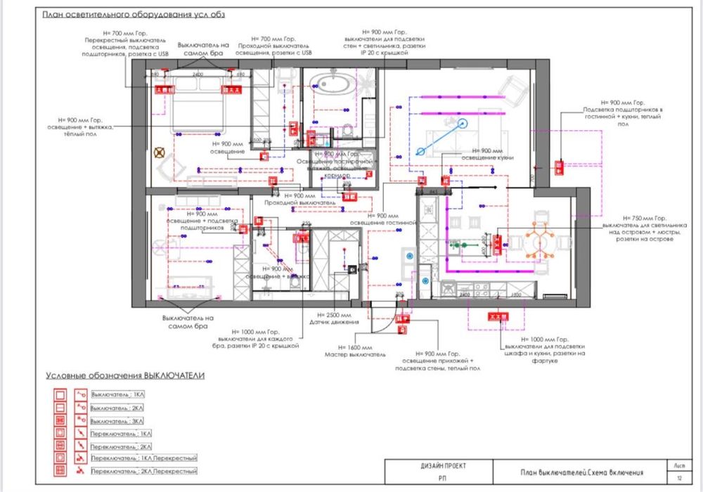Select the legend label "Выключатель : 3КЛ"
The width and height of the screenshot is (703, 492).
click(116, 420)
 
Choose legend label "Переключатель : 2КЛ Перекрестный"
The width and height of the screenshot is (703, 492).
click(143, 471)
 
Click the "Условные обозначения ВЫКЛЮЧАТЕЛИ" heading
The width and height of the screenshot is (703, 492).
click(125, 376)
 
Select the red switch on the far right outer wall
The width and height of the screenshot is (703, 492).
click(560, 167)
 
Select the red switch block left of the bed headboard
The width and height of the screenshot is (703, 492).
click(164, 89)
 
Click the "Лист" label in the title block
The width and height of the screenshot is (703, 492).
click(679, 465)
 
